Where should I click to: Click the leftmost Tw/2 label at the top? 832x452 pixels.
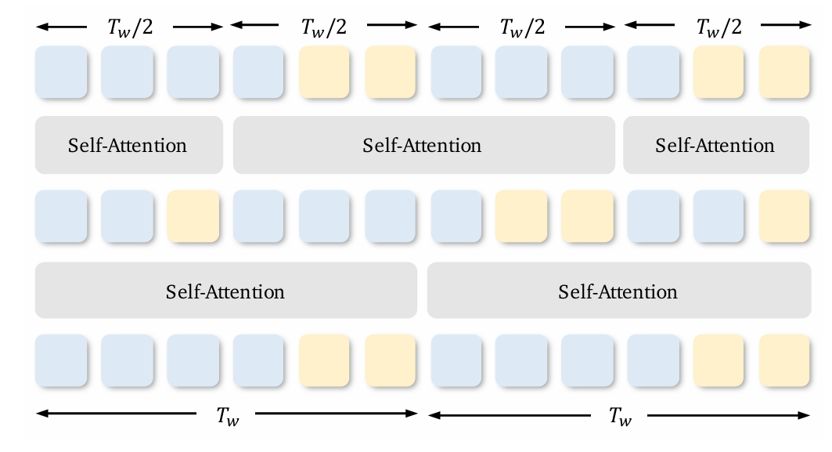[x=130, y=27]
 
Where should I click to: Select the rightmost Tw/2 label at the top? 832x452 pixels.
[x=719, y=27]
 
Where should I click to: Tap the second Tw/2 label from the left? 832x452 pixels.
[x=324, y=27]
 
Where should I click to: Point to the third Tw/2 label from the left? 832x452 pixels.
[x=522, y=27]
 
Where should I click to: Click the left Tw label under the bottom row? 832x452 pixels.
[x=228, y=416]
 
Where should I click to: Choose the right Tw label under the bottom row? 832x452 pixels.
[x=620, y=416]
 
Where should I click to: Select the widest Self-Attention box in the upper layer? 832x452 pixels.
[x=423, y=146]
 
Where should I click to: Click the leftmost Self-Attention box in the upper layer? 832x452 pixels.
[x=128, y=146]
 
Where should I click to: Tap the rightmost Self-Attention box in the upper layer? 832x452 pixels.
[x=715, y=146]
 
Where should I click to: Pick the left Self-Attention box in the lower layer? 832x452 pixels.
[x=225, y=292]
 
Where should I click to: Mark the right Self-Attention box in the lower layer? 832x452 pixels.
[x=618, y=292]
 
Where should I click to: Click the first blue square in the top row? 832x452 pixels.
[x=61, y=72]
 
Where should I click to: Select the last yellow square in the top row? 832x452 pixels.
[x=784, y=72]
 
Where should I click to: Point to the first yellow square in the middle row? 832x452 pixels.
[x=193, y=217]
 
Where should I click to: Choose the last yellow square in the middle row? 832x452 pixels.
[x=784, y=217]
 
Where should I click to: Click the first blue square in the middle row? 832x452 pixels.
[x=61, y=217]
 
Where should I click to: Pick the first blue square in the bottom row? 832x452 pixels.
[x=61, y=360]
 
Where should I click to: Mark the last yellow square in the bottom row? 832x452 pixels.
[x=784, y=360]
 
